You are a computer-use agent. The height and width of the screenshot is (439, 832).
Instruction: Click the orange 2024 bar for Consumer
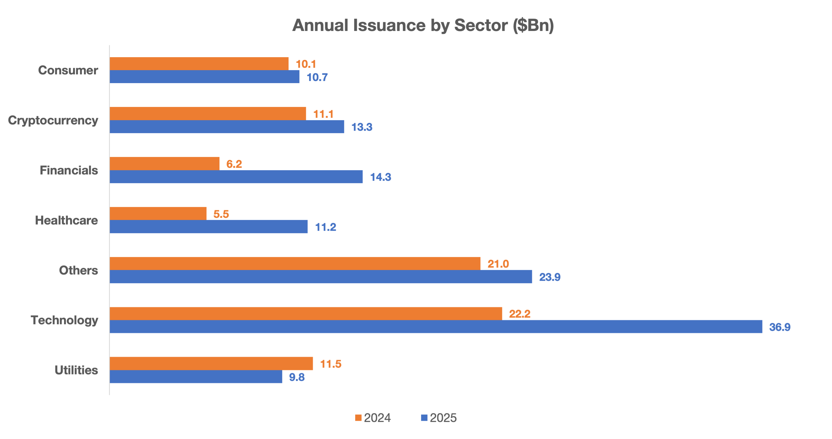click(199, 64)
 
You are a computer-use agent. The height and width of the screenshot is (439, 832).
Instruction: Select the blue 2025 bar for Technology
click(436, 327)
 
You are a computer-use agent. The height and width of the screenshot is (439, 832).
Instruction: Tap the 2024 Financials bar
click(164, 164)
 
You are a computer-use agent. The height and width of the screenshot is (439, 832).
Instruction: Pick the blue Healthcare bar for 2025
click(208, 227)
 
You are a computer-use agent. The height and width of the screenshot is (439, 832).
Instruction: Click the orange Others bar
click(295, 264)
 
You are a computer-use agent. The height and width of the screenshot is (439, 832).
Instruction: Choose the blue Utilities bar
click(196, 377)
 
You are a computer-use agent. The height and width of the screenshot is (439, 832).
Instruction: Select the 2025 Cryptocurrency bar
click(227, 127)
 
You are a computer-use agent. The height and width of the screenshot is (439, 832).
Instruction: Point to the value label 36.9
click(780, 327)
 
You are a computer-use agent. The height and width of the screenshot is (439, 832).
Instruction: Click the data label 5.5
click(221, 214)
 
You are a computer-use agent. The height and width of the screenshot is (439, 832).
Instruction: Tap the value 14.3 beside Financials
click(381, 177)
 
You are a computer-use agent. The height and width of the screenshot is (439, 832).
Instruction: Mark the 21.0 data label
click(498, 264)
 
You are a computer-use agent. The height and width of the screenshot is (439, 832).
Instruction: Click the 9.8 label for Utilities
click(296, 377)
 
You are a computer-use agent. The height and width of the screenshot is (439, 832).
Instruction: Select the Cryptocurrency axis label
click(53, 120)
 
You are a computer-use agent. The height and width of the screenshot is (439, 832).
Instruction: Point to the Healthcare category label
click(66, 220)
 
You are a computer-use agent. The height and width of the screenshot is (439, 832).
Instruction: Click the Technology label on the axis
click(64, 320)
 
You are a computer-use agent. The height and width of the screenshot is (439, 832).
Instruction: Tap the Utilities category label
click(76, 370)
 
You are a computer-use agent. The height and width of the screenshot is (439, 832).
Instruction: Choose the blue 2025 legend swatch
click(424, 418)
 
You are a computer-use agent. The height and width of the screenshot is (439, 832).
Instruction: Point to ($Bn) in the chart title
click(533, 25)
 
